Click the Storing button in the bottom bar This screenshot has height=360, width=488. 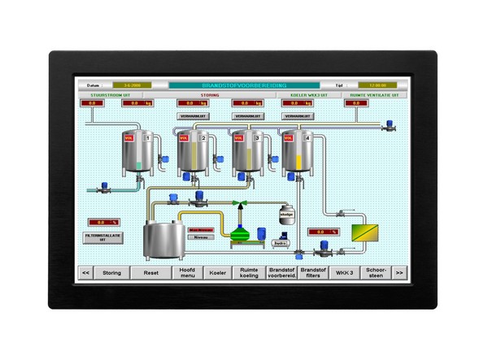coord(111,273)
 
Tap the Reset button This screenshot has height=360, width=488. coord(150,273)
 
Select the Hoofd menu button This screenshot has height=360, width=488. coord(186,273)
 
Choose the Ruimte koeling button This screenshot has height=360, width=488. coord(248,273)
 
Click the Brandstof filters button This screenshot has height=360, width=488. coord(313,273)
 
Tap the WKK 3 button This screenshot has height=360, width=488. coord(345,273)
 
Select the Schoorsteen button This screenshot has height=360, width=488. coord(375,273)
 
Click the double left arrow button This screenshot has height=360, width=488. coord(85,273)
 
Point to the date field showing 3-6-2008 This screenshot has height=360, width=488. coord(132,85)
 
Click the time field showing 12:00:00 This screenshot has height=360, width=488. coord(377,85)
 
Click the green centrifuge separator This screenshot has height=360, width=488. coord(240,230)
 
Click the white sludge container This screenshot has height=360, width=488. coord(285,214)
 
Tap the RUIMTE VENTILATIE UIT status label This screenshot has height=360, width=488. coord(373,94)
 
